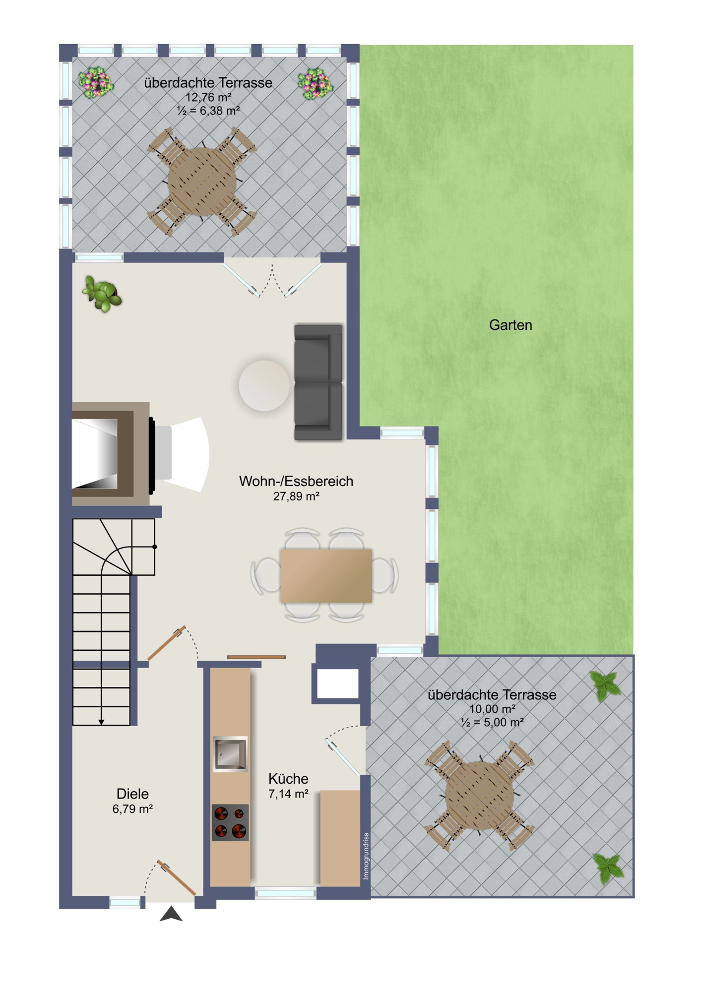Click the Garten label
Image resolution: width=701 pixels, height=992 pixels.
[x=510, y=325]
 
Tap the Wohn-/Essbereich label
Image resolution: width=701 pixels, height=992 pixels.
[x=296, y=481]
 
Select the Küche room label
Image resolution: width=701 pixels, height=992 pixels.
[x=288, y=778]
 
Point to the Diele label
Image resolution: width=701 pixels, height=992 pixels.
[x=132, y=794]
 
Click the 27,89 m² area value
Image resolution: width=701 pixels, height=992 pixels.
[x=296, y=496]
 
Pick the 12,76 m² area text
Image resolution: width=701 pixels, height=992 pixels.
[x=208, y=97]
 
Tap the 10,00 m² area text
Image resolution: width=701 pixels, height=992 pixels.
[x=492, y=709]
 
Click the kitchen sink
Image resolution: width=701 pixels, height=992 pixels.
[x=230, y=754]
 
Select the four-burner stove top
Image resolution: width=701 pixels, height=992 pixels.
[x=230, y=822]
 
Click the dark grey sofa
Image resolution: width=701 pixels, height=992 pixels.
[x=319, y=382]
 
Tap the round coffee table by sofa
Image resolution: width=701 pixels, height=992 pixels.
[x=264, y=385]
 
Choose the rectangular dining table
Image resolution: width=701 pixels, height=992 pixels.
[x=326, y=575]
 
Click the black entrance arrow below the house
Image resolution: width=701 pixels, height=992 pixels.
[x=171, y=914]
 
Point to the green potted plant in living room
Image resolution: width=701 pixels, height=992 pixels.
[x=102, y=294]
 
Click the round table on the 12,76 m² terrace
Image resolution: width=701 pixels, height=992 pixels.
[x=202, y=182]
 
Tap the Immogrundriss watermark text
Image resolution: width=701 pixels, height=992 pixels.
[x=366, y=856]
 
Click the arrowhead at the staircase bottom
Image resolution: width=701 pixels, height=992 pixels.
[x=101, y=722]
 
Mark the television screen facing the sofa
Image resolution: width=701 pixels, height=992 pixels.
[x=152, y=455]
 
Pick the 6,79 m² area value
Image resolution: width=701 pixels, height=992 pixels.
[x=132, y=809]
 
